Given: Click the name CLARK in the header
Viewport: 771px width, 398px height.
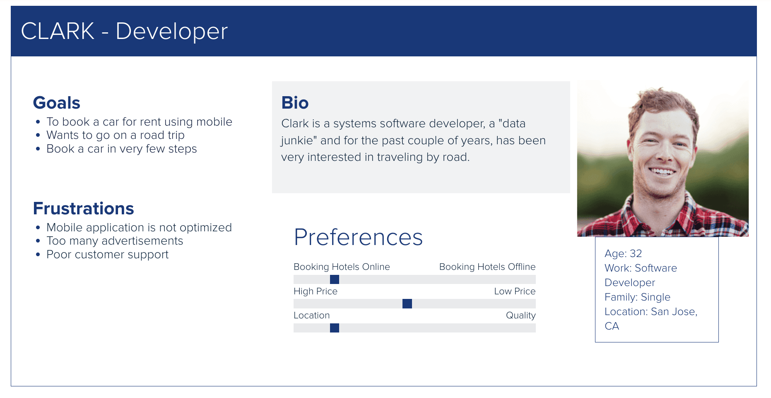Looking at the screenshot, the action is pos(58,31).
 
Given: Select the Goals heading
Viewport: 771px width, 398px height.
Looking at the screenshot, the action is pos(57,103).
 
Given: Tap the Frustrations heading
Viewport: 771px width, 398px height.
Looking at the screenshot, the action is pos(84,209).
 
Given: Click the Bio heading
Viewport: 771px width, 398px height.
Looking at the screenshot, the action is pos(295,103).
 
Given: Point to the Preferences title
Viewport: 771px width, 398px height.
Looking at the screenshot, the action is pos(359,237).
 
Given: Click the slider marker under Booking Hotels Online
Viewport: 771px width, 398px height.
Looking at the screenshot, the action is pos(335,279).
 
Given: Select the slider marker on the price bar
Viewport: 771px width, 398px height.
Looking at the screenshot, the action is pos(407,304).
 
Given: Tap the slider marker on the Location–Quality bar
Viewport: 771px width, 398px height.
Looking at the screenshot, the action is pos(335,328).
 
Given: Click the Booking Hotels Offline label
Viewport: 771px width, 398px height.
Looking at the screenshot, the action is pos(487,267).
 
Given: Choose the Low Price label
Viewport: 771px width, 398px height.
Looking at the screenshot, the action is pos(515,291).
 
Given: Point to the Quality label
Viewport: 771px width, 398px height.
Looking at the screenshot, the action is pos(521,315).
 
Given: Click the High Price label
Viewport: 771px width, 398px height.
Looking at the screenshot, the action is pos(316,291).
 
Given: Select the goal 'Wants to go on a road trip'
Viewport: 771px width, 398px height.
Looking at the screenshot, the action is pos(116,135).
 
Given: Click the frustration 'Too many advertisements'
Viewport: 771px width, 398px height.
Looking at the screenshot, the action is pos(115,241).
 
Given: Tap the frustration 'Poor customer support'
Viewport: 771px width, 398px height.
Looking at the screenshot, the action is pos(108,255).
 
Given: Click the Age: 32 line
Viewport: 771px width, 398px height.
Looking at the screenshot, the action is pos(623,253).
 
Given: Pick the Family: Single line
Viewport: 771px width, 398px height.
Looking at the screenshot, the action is pos(637,297).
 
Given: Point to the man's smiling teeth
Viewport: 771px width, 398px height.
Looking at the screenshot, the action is pos(662,171).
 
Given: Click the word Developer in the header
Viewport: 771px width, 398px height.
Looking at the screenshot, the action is pos(171,32).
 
